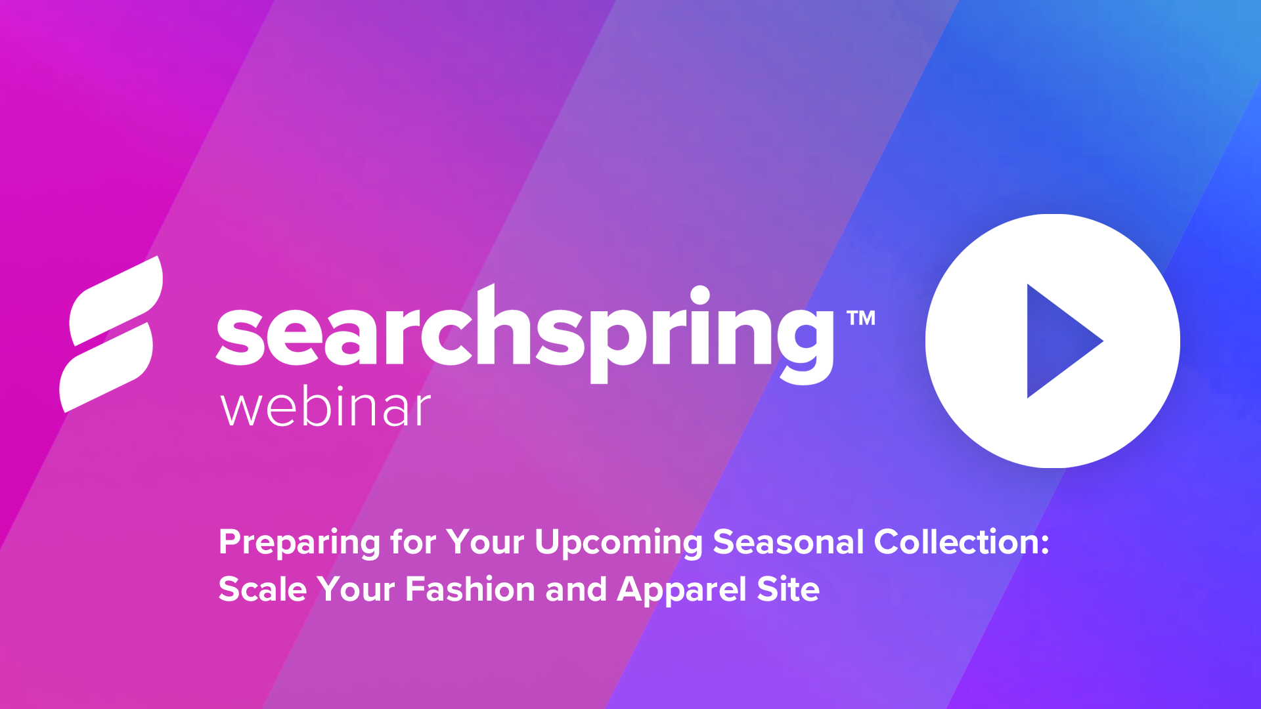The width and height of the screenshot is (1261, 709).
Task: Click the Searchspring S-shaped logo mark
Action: click(110, 334)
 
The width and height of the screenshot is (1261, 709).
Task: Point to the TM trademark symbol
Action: click(861, 318)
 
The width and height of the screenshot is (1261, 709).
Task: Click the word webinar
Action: click(325, 408)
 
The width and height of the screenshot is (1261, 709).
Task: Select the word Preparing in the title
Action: click(299, 543)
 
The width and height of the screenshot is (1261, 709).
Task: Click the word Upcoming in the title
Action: click(618, 543)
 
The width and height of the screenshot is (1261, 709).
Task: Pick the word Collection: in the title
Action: click(962, 542)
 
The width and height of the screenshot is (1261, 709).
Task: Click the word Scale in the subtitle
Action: click(262, 589)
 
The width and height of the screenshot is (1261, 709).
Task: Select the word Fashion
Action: click(470, 589)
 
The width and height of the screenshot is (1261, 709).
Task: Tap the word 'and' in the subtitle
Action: click(576, 589)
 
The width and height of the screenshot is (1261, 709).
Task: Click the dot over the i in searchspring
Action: click(700, 295)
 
